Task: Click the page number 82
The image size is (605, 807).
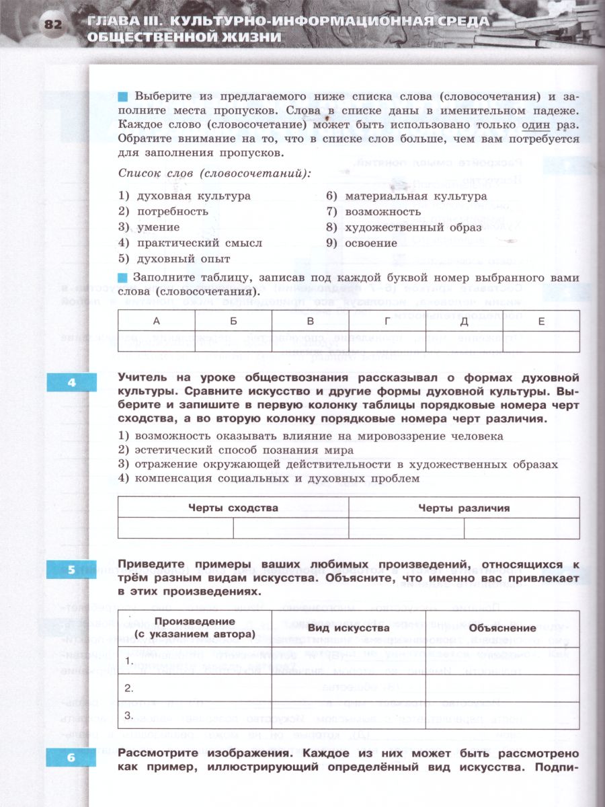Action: (53, 25)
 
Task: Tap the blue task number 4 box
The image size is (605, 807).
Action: (71, 383)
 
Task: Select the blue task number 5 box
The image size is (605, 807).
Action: (71, 570)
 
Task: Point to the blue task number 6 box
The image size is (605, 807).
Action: (71, 758)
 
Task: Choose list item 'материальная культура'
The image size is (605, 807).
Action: (415, 196)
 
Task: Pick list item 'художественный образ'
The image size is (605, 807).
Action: (413, 227)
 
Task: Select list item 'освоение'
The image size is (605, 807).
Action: (371, 243)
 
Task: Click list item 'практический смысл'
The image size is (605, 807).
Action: (199, 243)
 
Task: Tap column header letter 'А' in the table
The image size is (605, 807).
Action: (156, 321)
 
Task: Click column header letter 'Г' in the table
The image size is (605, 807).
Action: (387, 321)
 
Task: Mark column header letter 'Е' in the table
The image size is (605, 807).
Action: (541, 321)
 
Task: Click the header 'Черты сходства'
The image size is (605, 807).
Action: (233, 508)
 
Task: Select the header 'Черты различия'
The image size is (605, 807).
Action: (464, 508)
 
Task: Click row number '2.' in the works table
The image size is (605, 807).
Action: (129, 687)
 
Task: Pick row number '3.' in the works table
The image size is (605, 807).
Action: (129, 715)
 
